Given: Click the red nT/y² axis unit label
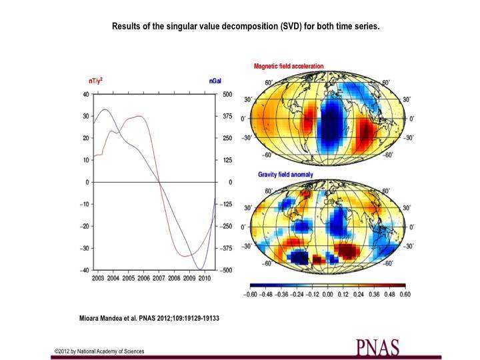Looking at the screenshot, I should tap(95, 81).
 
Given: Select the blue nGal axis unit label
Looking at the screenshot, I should tap(215, 81).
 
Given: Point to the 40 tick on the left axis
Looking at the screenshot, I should tap(85, 94).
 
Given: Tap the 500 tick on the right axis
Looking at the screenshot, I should tap(227, 94).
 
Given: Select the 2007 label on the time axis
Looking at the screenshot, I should tap(159, 277).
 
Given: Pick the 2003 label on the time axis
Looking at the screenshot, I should tap(98, 277).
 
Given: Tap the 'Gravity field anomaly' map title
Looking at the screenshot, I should tap(285, 175).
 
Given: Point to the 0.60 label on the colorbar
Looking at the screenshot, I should tap(404, 294).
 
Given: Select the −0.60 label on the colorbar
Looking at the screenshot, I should tap(251, 294).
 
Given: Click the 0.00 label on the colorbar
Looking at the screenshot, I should tap(327, 294).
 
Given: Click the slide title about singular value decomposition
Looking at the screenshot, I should tap(245, 27).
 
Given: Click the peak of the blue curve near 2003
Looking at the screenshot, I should tap(105, 109).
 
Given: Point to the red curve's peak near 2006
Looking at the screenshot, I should tap(139, 116).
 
